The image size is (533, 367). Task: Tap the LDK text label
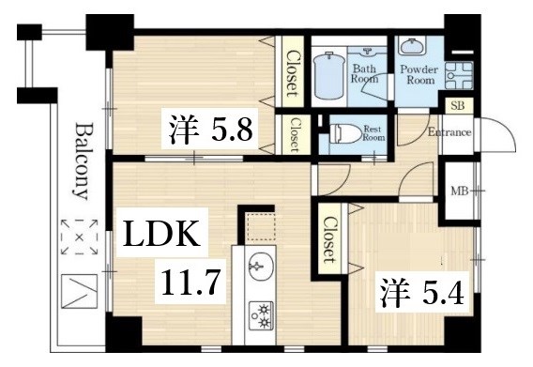coord(161,234)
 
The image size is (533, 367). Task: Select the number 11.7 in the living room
coord(190,282)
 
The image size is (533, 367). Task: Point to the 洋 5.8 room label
coord(211,130)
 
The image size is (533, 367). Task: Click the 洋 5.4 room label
coord(422,292)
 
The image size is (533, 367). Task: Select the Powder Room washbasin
coord(411,46)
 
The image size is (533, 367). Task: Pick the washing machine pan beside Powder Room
coord(459,75)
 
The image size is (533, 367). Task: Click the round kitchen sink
coord(261,266)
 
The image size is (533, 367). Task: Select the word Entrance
coord(449,132)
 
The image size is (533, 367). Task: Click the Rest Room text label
coord(373,133)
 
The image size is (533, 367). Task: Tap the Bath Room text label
coord(364,73)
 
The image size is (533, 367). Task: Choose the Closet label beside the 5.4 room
coord(329,239)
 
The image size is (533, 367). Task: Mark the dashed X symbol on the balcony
coord(79,237)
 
